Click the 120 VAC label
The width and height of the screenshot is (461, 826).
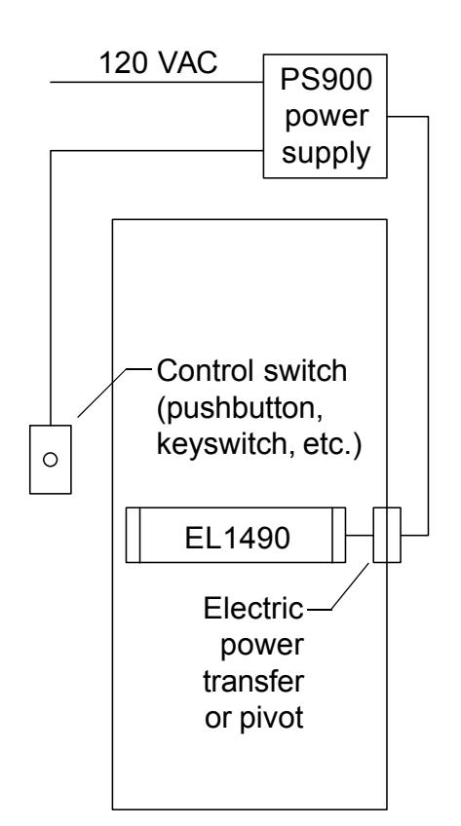pos(158,63)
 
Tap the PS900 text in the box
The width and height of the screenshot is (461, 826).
pos(326,80)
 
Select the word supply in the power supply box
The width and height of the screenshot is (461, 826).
pos(326,154)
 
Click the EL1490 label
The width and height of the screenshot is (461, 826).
pos(237,539)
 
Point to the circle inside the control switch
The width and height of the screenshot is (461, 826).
pos(50,460)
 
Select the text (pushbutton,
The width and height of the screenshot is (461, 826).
pos(240,409)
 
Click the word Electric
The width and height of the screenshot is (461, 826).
pos(253,609)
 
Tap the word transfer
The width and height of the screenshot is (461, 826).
pos(253,682)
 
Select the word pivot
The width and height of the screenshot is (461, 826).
pos(272,719)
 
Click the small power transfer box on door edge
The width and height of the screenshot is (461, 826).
pos(387,535)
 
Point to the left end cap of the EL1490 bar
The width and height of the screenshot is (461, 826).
pos(133,535)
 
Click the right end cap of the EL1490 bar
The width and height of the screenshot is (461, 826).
pos(339,535)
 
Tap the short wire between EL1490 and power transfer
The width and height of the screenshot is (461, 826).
pos(360,535)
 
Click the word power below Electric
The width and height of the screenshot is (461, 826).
pos(262,646)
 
